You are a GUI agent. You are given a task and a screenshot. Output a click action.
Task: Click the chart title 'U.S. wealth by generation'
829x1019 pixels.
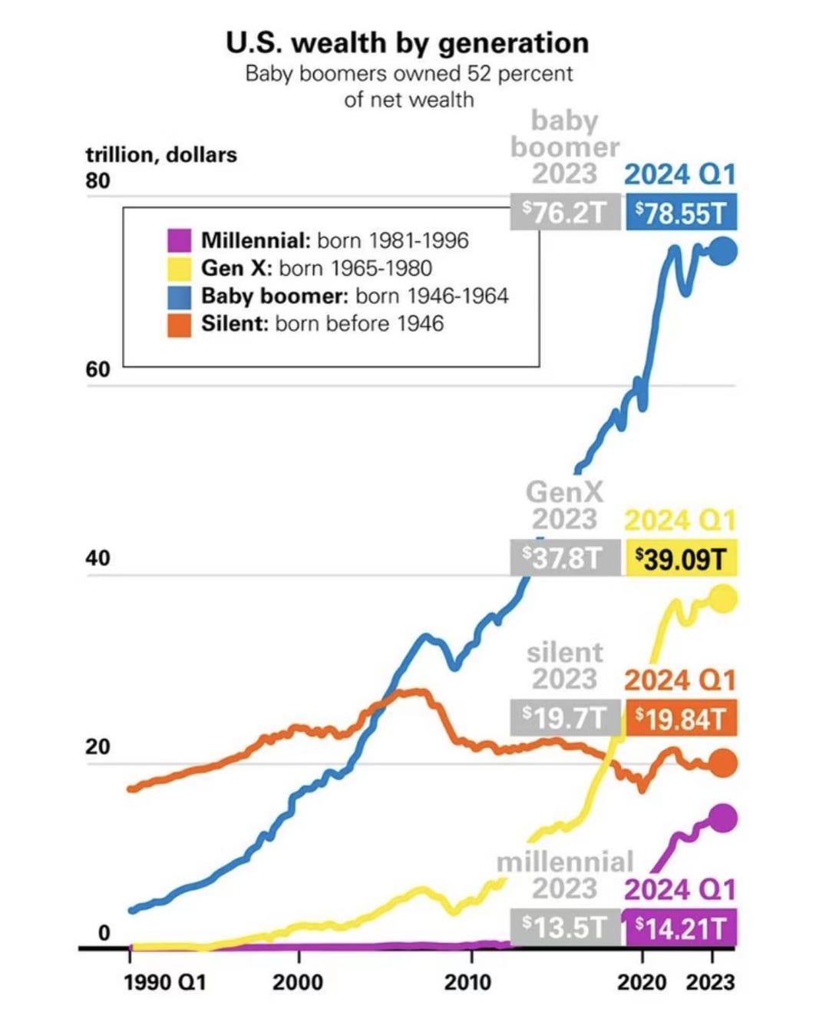[408, 43]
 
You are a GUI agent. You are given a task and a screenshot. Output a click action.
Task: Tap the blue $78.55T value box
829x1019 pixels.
[681, 213]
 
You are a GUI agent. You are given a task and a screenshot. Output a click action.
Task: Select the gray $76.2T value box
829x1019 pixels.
[565, 212]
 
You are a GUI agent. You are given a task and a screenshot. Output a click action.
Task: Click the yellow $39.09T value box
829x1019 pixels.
[681, 558]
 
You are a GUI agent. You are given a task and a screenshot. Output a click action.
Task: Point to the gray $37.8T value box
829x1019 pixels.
[565, 557]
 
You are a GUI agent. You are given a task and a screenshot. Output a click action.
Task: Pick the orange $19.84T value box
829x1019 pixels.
[681, 719]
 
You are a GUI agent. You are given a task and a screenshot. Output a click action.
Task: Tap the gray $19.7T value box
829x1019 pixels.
[565, 718]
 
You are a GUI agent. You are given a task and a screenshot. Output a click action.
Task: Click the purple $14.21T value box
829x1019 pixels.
[681, 928]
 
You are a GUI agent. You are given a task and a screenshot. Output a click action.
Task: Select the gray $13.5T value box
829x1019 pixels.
[565, 928]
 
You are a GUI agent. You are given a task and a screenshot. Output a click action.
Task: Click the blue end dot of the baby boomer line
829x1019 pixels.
[723, 251]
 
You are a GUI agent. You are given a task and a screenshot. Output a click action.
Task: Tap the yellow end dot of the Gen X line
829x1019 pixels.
[723, 599]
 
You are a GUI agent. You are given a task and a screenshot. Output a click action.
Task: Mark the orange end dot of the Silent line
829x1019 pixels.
[723, 763]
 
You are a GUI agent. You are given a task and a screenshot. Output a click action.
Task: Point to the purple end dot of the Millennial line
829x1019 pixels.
[723, 819]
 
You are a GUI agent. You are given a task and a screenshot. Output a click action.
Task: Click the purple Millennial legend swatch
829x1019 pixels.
[179, 240]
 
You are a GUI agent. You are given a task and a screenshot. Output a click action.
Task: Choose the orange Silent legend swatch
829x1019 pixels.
[179, 324]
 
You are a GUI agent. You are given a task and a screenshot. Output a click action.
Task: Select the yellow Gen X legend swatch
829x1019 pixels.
[179, 268]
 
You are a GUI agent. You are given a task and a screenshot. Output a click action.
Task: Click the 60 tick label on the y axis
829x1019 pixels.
[97, 369]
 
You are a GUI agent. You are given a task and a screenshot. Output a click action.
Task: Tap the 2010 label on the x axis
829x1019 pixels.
[467, 982]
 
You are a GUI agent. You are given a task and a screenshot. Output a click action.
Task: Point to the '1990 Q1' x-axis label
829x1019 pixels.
[165, 982]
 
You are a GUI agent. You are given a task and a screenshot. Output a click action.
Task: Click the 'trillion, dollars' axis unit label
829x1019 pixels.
[161, 154]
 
